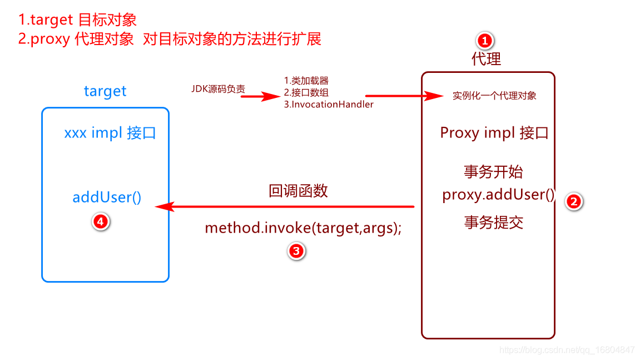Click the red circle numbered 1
[485, 40]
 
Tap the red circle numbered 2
[573, 201]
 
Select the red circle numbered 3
[296, 251]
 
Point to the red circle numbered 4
[100, 221]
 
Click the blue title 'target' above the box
[105, 91]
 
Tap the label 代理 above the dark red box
[486, 58]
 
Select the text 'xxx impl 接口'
[110, 134]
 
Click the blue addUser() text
[107, 197]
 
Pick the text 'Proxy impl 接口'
[494, 133]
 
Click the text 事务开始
[493, 171]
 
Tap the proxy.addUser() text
[499, 195]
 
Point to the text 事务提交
[493, 223]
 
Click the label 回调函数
[298, 191]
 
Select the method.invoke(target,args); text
[303, 228]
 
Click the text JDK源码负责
[217, 89]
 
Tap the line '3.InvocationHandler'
[329, 104]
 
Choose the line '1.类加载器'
[306, 81]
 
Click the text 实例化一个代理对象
[494, 96]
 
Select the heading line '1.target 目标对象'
[77, 20]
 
